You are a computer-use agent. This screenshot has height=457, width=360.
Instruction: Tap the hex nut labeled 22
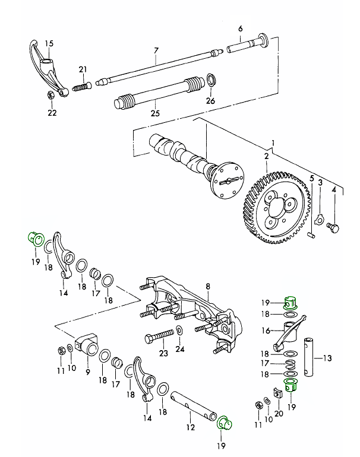pyautogui.click(x=50, y=94)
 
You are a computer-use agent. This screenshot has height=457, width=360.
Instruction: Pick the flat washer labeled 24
pyautogui.click(x=179, y=331)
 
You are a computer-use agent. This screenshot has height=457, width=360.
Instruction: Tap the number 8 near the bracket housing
pyautogui.click(x=208, y=287)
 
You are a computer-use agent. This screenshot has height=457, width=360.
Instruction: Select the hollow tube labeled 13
pyautogui.click(x=311, y=357)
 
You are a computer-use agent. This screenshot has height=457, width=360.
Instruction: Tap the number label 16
pyautogui.click(x=266, y=331)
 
